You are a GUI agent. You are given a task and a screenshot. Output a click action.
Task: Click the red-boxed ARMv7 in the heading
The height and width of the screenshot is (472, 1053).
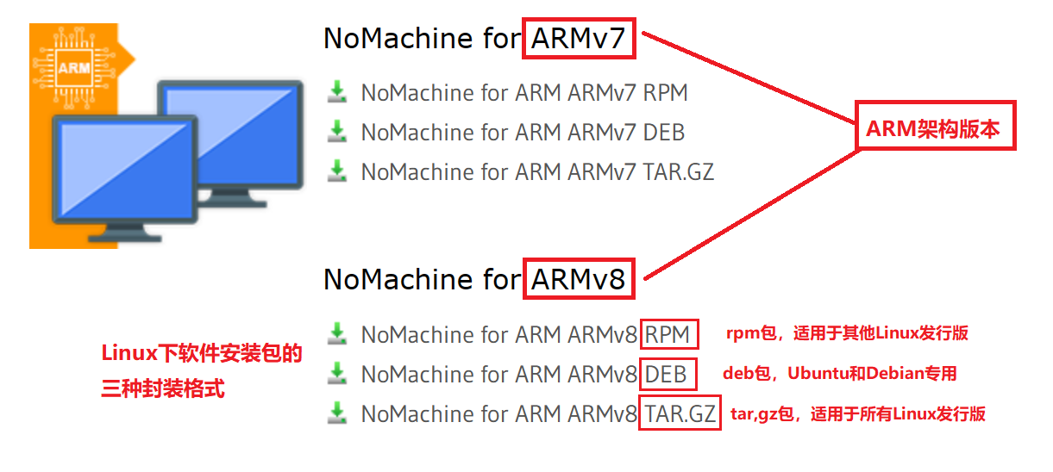point(579,39)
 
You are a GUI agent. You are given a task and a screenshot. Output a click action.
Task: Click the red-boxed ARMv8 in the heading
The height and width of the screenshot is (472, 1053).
point(579,279)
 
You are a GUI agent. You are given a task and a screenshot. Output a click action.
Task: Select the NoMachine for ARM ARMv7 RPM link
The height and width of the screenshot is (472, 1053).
point(524,93)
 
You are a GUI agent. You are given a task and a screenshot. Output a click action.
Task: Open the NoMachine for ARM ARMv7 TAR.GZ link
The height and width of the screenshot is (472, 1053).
point(537,172)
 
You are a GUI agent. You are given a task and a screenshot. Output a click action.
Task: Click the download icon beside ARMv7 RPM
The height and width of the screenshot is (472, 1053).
point(337,91)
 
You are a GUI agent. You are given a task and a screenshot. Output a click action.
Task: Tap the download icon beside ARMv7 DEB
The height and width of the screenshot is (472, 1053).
point(337,131)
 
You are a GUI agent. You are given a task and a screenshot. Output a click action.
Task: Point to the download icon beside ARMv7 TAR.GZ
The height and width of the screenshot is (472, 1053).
point(337,171)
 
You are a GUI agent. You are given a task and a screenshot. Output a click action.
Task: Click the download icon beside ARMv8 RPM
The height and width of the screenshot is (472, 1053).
point(337,332)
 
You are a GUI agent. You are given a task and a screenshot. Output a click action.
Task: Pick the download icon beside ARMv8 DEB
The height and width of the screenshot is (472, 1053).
point(337,372)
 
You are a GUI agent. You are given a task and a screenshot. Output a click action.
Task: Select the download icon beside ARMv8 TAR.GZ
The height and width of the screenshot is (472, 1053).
point(337,413)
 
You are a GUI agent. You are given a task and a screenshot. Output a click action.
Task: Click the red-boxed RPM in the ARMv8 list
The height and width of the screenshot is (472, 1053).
point(668,334)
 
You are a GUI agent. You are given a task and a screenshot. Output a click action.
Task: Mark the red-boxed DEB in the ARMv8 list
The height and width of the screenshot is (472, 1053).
point(666,374)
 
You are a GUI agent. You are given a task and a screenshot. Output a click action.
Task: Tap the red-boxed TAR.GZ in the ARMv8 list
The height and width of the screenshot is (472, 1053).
point(680,414)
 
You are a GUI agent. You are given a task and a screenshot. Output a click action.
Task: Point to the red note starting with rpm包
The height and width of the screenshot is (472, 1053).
point(847,333)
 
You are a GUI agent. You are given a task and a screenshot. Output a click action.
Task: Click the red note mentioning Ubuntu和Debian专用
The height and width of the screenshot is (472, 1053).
point(840,374)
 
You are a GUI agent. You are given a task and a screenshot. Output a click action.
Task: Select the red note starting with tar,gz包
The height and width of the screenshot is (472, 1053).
point(858,414)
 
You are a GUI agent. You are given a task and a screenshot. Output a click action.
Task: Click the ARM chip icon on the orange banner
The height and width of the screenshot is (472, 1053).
point(74,67)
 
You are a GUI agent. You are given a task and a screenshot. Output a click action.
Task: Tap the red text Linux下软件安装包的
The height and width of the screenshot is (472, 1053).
point(202,353)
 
